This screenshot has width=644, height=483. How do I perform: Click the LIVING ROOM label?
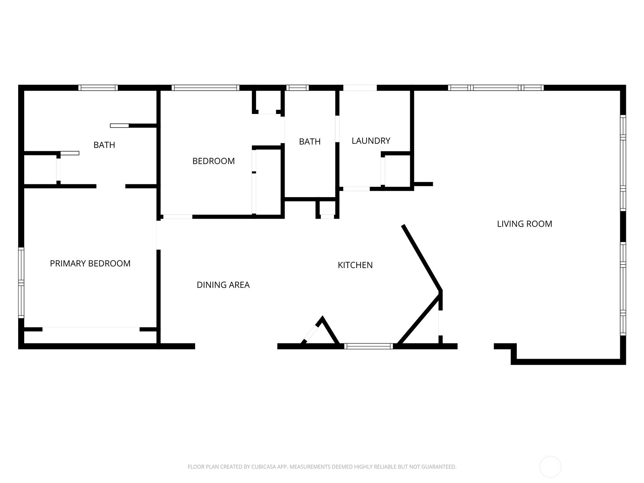point(524,224)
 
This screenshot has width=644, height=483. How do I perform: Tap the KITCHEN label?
point(355,265)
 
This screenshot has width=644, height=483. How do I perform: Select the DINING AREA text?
point(223,285)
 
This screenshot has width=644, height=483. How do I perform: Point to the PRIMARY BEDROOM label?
point(90,263)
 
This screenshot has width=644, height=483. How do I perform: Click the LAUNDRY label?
point(371,141)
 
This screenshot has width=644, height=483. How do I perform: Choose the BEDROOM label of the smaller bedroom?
point(213,161)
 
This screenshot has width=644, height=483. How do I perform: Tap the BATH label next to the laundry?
point(310,142)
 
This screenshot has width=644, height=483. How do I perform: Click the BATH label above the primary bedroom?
point(104,145)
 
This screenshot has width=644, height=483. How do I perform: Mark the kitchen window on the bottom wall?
point(368,346)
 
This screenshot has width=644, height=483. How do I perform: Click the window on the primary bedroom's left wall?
point(21,283)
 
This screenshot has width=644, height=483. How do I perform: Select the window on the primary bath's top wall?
point(98,88)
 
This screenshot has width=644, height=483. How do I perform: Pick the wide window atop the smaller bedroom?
point(205,88)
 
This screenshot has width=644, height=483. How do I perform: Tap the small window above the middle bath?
point(297,88)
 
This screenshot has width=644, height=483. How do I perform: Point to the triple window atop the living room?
point(495,88)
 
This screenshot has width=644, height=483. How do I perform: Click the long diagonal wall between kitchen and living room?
point(422,258)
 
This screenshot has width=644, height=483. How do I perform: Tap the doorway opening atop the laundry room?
point(360,88)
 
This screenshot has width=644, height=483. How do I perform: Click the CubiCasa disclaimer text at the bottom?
point(322,467)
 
